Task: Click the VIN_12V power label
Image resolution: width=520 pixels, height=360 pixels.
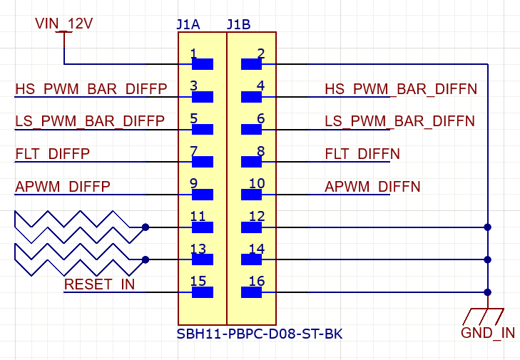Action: [63, 24]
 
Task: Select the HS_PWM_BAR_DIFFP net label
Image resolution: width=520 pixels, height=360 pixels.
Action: [91, 89]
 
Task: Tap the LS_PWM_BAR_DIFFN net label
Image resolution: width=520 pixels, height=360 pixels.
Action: [400, 121]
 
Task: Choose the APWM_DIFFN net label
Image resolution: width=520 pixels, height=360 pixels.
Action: [372, 187]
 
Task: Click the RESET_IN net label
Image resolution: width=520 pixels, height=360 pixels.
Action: [99, 284]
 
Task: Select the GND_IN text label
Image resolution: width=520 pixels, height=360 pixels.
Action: [488, 333]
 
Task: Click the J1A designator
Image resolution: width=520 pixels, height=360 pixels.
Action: [188, 24]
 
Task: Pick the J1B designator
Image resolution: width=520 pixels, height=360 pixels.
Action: [238, 24]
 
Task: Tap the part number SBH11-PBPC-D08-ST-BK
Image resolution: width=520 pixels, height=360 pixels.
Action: [260, 334]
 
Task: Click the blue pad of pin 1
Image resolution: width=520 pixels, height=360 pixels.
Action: [203, 64]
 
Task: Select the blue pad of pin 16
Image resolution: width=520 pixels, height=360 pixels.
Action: [252, 292]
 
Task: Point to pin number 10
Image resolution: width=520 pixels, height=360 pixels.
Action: [257, 184]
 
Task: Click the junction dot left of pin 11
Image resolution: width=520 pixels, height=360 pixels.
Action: [146, 227]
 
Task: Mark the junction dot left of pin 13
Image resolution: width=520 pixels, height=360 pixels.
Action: [146, 260]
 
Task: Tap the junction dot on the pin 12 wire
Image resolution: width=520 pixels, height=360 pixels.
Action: [488, 227]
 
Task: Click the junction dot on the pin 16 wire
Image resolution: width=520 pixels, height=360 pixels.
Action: [488, 292]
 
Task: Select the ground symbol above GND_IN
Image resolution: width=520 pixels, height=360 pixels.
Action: [484, 315]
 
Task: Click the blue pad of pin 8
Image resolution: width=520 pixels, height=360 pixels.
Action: [252, 162]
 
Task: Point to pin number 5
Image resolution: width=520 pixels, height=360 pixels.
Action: [194, 118]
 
